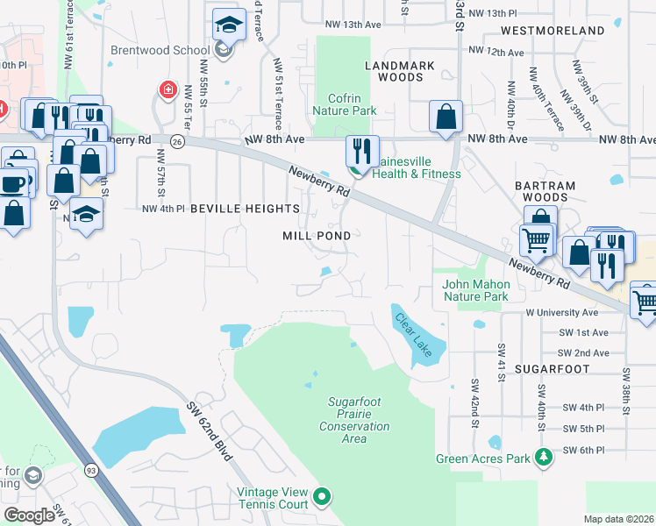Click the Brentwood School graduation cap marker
[x=228, y=25]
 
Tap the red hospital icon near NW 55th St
[x=166, y=89]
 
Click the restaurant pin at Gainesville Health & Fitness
[x=361, y=150]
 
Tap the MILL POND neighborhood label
[x=317, y=236]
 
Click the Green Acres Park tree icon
[x=544, y=457]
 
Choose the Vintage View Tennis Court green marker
[x=321, y=497]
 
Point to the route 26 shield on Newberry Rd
[x=178, y=141]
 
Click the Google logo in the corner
[x=29, y=515]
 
